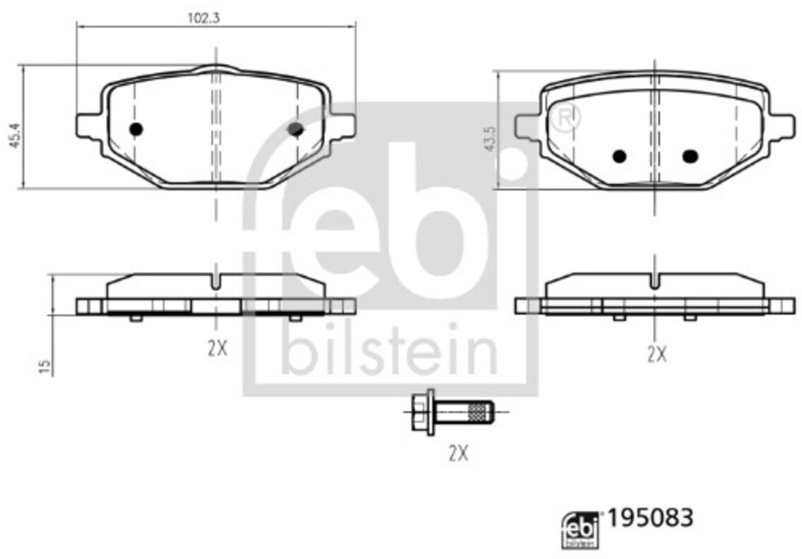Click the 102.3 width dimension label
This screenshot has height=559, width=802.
tap(203, 19)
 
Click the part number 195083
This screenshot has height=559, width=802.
tap(650, 517)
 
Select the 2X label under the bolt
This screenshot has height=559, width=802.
tap(458, 453)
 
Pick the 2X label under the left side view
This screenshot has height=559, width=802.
tap(217, 348)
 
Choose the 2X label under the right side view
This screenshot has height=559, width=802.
tap(657, 354)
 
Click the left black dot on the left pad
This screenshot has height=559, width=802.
tap(136, 129)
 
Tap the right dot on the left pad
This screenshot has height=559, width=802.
tap(296, 128)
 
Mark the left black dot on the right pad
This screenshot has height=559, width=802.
tap(619, 156)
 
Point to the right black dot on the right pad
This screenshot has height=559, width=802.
tap(690, 156)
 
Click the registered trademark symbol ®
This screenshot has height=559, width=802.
tap(568, 118)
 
